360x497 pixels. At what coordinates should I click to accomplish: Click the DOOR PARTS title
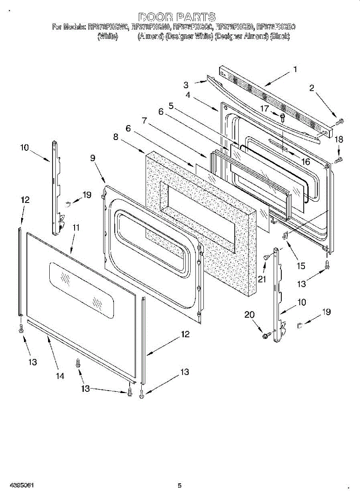(177, 17)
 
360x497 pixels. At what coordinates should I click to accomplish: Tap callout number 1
(295, 70)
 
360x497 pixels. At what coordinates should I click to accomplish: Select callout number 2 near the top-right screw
(312, 87)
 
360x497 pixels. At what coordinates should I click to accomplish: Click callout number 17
(264, 109)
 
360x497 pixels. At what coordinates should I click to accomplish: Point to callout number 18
(339, 139)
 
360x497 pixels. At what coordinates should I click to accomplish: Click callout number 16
(306, 162)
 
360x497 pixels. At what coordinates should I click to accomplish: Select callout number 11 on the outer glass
(76, 227)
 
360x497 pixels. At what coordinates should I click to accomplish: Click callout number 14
(60, 376)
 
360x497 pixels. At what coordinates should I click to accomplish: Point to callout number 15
(301, 265)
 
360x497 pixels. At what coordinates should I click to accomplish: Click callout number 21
(262, 279)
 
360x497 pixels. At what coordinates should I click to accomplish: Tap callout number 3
(186, 85)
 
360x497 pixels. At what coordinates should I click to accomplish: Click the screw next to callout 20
(266, 334)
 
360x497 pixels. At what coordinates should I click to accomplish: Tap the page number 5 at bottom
(180, 485)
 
